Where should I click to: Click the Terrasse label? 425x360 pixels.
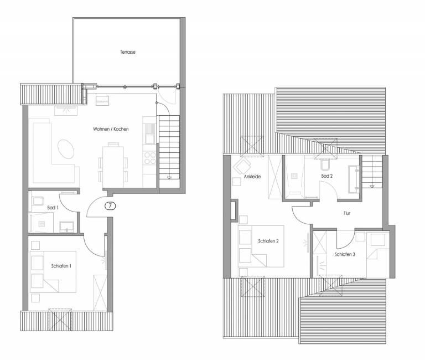pyautogui.click(x=128, y=52)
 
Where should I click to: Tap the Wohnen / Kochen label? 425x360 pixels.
pyautogui.click(x=111, y=129)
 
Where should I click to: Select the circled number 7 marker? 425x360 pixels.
pyautogui.click(x=110, y=206)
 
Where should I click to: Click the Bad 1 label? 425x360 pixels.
pyautogui.click(x=53, y=208)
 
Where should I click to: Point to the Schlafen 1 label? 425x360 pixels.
pyautogui.click(x=61, y=266)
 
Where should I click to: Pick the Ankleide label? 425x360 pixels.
pyautogui.click(x=252, y=177)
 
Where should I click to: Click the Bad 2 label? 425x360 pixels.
pyautogui.click(x=327, y=176)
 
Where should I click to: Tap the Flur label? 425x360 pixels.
pyautogui.click(x=347, y=213)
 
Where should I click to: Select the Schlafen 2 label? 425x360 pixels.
pyautogui.click(x=268, y=241)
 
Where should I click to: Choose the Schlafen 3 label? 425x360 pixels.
pyautogui.click(x=345, y=254)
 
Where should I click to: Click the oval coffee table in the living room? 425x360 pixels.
pyautogui.click(x=66, y=149)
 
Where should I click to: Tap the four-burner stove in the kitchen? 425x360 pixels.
pyautogui.click(x=150, y=158)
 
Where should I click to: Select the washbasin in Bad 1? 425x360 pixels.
pyautogui.click(x=66, y=227)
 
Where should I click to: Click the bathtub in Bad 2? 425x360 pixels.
pyautogui.click(x=354, y=179)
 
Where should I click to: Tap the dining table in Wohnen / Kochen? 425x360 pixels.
pyautogui.click(x=113, y=167)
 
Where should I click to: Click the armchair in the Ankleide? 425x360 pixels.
pyautogui.click(x=242, y=167)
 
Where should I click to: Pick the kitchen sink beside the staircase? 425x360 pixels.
pyautogui.click(x=149, y=133)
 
